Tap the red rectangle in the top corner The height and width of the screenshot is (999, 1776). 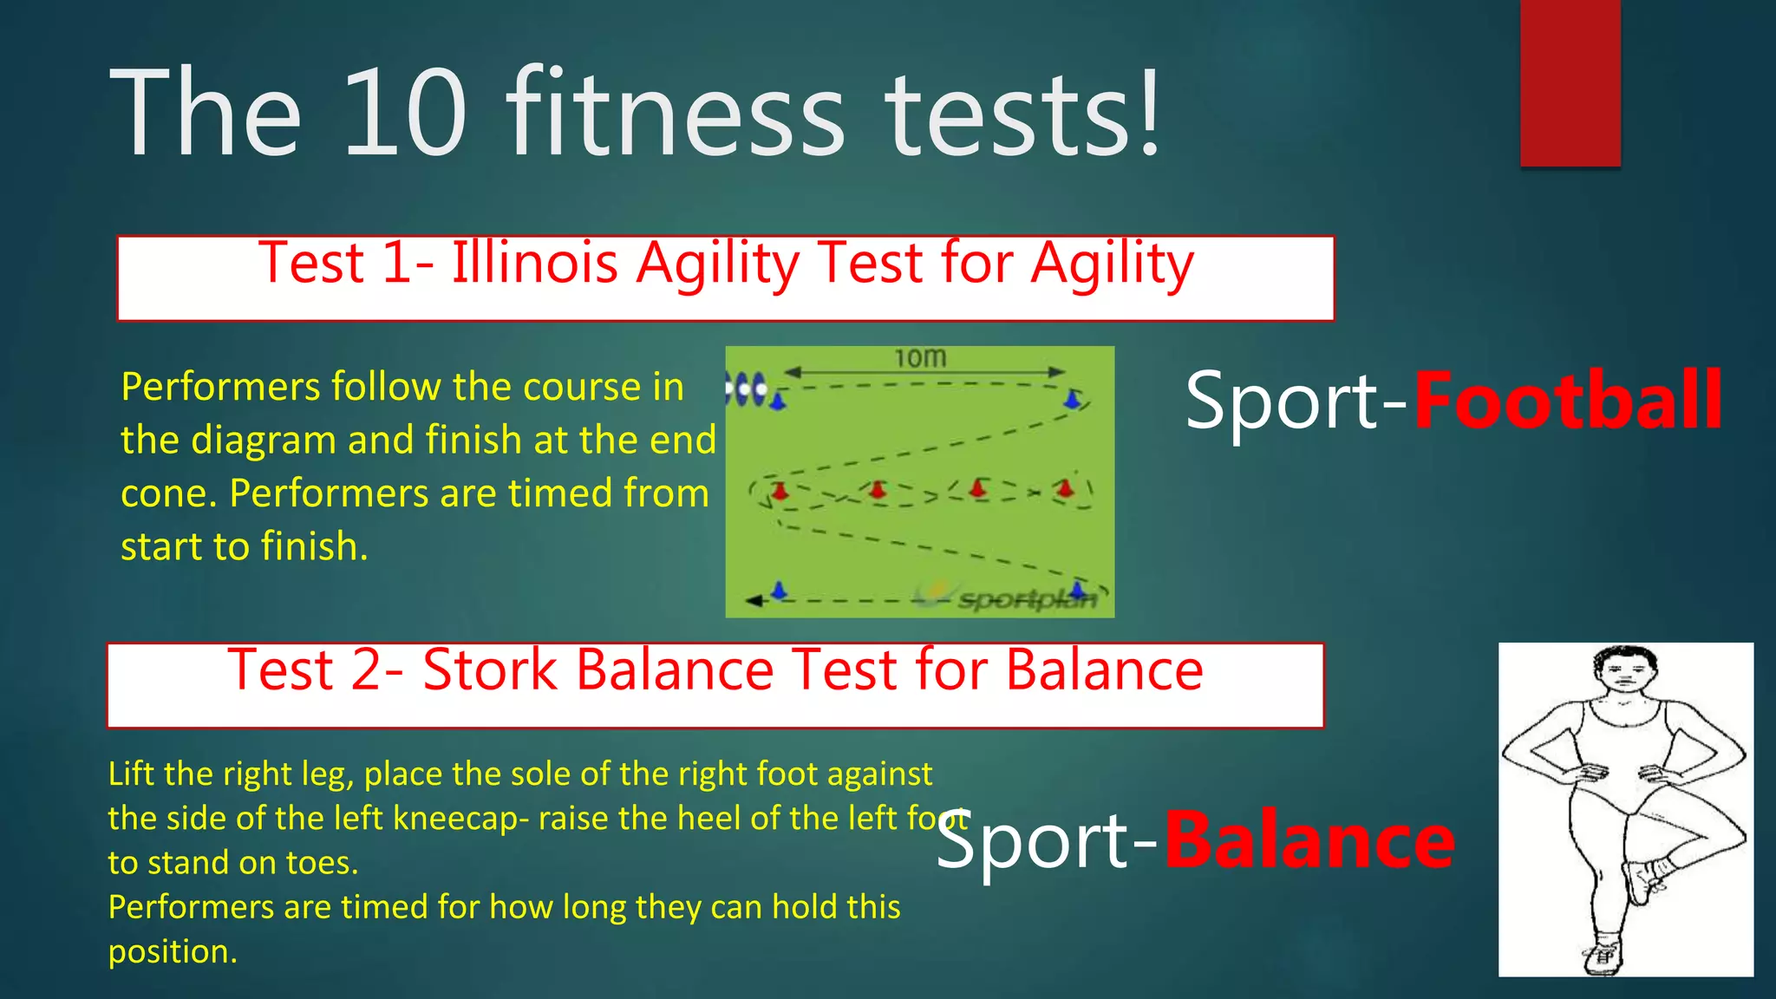click(x=1570, y=83)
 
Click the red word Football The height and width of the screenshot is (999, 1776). click(x=1568, y=400)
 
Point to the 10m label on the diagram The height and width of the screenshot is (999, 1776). click(x=920, y=357)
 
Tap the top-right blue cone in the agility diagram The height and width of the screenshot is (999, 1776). click(x=1073, y=399)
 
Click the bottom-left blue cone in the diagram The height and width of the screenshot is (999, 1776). click(x=779, y=591)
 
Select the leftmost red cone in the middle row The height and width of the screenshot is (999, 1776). click(x=780, y=491)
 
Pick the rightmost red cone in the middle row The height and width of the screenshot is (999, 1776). click(x=1065, y=488)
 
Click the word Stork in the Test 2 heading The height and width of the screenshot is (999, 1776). click(x=489, y=669)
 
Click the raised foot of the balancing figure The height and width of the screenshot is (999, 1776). click(x=1644, y=879)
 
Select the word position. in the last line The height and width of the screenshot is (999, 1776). click(x=173, y=952)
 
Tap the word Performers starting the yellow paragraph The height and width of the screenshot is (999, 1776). click(x=220, y=387)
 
